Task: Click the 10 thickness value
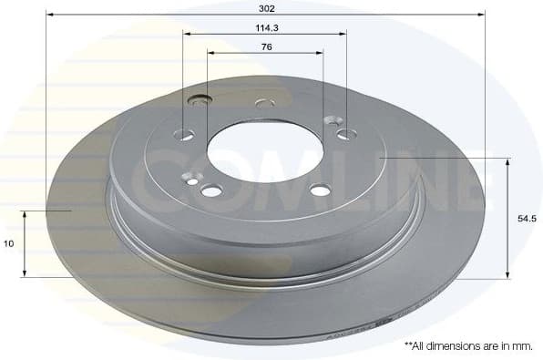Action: (x=8, y=243)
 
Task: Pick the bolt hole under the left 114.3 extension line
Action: (x=184, y=135)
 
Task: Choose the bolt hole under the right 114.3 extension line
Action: (x=345, y=135)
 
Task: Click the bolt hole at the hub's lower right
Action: (x=319, y=190)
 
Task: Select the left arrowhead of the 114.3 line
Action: (x=187, y=34)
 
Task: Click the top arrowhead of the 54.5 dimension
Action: (x=507, y=161)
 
